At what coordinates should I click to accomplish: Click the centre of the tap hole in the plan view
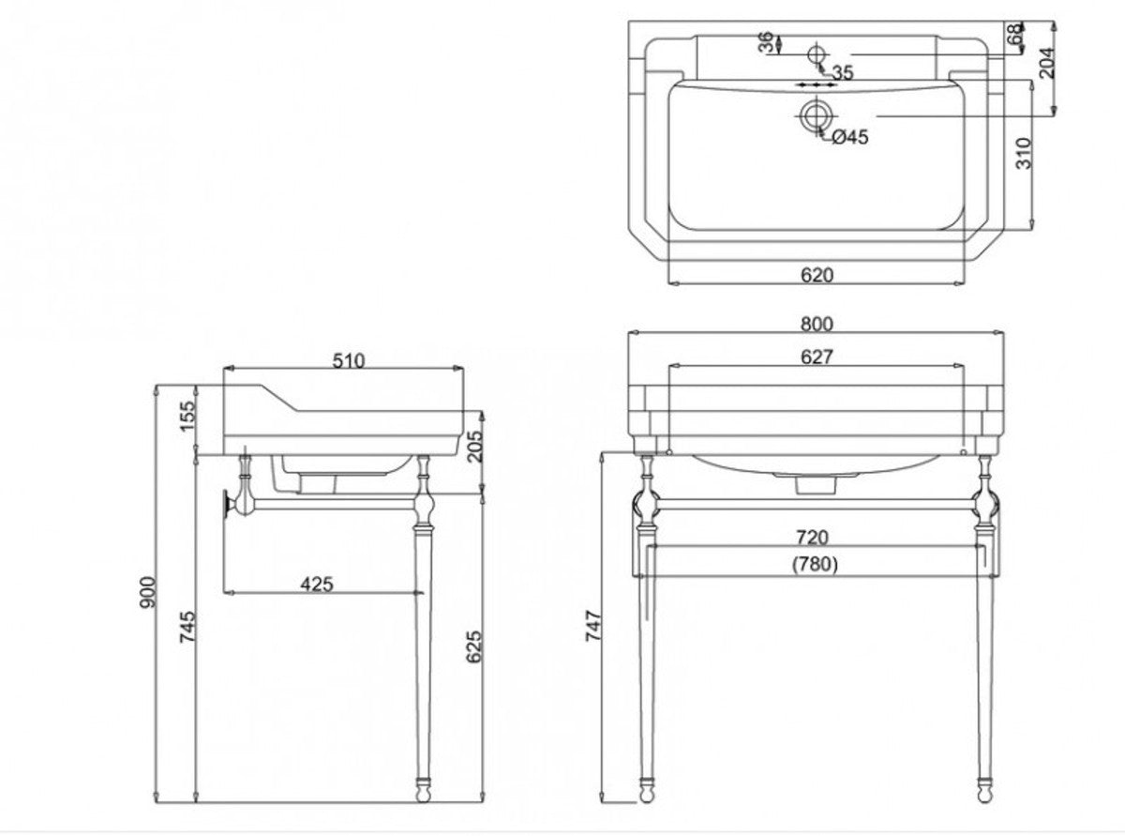click(x=817, y=53)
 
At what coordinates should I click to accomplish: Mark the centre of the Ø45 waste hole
click(x=815, y=115)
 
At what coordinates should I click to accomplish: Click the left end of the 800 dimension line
click(x=629, y=332)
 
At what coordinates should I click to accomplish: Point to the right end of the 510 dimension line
click(x=463, y=368)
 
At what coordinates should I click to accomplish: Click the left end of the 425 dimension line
click(x=224, y=592)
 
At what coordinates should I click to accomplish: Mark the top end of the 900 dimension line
click(x=157, y=386)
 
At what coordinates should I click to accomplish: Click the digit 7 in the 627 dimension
click(x=826, y=357)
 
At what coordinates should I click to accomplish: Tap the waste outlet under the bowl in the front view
click(x=815, y=485)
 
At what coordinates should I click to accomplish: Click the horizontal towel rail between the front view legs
click(x=815, y=504)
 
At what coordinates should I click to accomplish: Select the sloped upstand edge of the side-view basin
click(x=278, y=398)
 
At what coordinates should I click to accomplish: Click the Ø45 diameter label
click(x=850, y=137)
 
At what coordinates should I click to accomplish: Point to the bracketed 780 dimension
click(x=815, y=564)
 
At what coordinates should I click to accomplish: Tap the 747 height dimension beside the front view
click(x=593, y=626)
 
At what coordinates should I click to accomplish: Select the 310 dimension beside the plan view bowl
click(x=1024, y=153)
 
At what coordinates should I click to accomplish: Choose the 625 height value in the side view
click(x=474, y=646)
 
